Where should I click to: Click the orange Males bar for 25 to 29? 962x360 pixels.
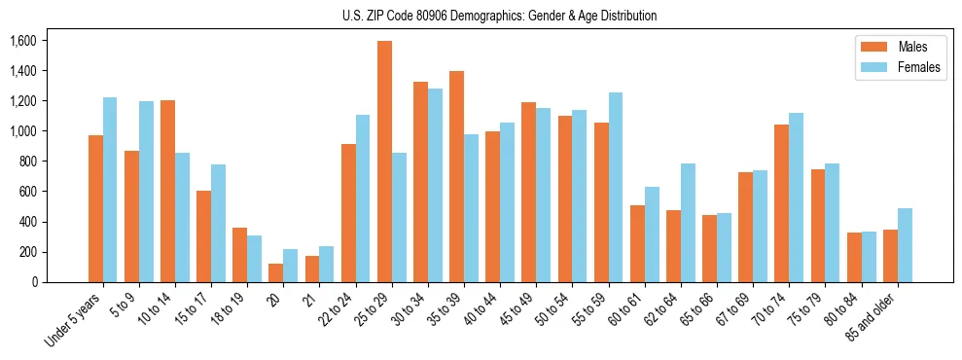click(x=384, y=162)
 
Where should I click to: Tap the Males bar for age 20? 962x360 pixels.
click(x=276, y=272)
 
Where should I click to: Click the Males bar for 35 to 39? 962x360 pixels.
click(x=456, y=176)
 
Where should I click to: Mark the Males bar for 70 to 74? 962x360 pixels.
click(x=782, y=203)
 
